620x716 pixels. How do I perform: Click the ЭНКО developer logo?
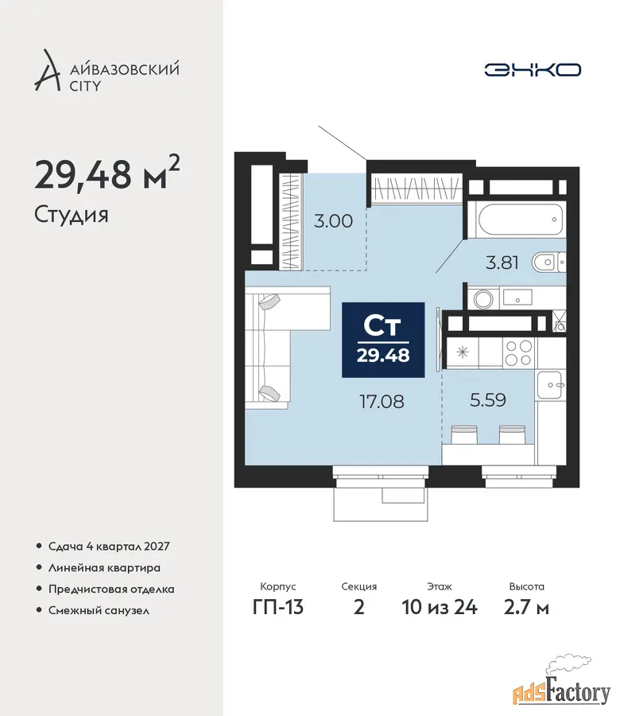coord(533,70)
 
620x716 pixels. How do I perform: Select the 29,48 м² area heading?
coord(107,173)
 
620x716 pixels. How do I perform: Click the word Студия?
coord(72,215)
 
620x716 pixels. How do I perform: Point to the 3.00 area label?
coord(334,221)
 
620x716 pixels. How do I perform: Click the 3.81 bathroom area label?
coord(502,263)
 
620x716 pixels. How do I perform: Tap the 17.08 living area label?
coord(382,402)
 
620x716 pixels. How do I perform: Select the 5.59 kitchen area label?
coord(488,400)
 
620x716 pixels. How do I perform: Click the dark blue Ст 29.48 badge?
coord(383,340)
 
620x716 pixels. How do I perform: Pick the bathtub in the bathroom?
coord(520,220)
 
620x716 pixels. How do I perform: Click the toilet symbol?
coord(548,263)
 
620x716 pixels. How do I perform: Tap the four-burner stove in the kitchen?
coord(519,353)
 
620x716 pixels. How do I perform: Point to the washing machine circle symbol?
coord(482,300)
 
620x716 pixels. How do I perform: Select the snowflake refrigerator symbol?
coord(463,352)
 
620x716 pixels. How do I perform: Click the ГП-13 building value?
coord(278,607)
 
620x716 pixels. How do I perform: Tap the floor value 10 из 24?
coord(440,607)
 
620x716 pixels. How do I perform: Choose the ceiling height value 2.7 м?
coord(526,607)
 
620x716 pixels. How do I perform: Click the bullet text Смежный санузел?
coord(99,610)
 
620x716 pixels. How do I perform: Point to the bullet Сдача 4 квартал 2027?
coord(109,546)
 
